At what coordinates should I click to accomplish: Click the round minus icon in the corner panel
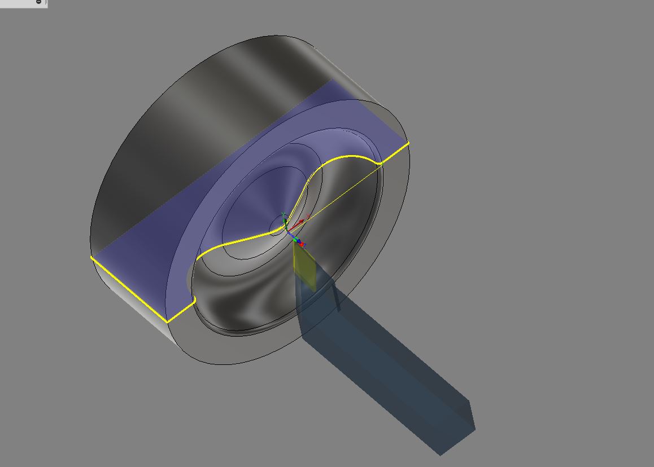[x=38, y=2]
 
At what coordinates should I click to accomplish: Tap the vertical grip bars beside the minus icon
[x=46, y=2]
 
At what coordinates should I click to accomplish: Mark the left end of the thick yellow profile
[x=91, y=257]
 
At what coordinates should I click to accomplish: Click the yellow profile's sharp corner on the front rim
[x=167, y=322]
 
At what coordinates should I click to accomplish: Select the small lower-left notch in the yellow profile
[x=194, y=301]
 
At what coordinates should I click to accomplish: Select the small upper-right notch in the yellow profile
[x=380, y=163]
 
